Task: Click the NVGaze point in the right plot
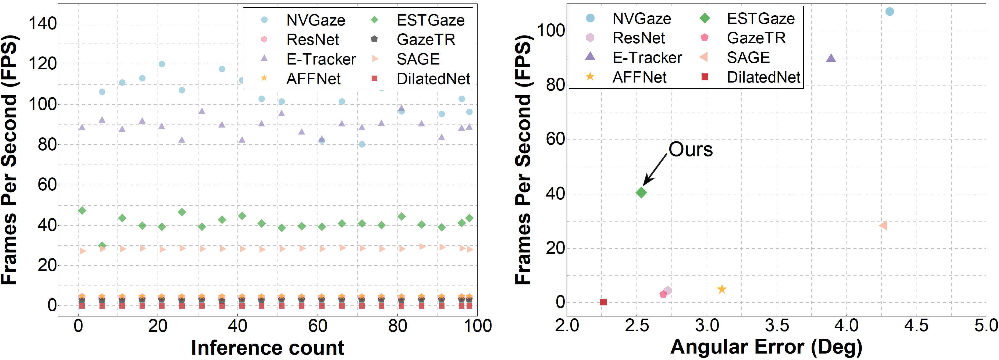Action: pyautogui.click(x=890, y=12)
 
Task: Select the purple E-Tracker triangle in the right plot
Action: pyautogui.click(x=831, y=58)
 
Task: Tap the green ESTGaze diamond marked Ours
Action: pyautogui.click(x=641, y=193)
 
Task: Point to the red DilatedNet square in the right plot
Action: pyautogui.click(x=603, y=302)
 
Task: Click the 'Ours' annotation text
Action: pyautogui.click(x=691, y=149)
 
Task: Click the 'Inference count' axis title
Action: pyautogui.click(x=268, y=347)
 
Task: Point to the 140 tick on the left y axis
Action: pyautogui.click(x=43, y=24)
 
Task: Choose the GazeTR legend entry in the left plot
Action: pyautogui.click(x=426, y=40)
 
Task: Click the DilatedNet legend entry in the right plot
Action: pyautogui.click(x=763, y=77)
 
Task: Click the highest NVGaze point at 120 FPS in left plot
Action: pyautogui.click(x=162, y=64)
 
